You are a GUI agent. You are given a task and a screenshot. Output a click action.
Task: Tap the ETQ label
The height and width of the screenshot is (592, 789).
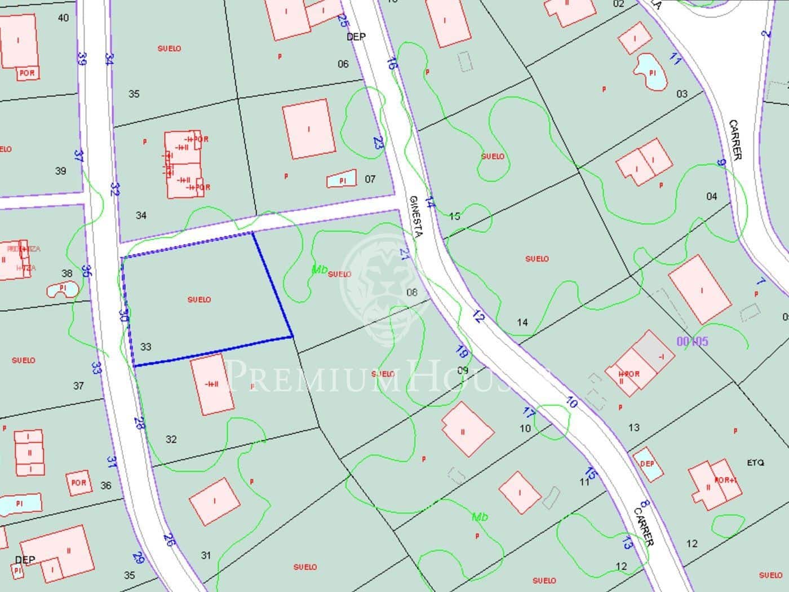[755, 463]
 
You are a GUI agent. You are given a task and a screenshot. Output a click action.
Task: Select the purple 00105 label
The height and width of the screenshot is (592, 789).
[692, 341]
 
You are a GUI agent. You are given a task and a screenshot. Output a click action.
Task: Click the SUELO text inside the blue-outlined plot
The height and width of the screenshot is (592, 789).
[199, 299]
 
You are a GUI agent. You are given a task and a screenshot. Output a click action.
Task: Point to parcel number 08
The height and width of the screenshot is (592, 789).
[412, 292]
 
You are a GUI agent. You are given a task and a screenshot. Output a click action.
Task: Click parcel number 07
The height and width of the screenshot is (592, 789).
[370, 179]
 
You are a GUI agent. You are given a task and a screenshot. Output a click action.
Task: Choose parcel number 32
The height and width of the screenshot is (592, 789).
[171, 439]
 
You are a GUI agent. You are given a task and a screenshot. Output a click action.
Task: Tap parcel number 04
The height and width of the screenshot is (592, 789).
[711, 196]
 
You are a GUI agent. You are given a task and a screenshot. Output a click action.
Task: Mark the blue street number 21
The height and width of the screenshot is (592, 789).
[404, 254]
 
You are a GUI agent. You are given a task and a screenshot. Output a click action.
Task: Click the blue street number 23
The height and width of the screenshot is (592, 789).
[378, 143]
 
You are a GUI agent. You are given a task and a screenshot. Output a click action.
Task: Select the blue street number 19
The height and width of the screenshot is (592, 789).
[462, 352]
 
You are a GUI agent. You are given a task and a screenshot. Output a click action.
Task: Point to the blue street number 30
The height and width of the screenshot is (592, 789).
[124, 316]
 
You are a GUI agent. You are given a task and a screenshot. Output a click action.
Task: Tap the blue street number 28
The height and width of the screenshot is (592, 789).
[139, 423]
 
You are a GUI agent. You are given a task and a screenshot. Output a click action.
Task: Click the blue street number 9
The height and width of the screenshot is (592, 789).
[721, 162]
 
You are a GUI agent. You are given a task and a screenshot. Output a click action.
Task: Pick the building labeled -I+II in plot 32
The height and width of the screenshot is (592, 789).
[212, 385]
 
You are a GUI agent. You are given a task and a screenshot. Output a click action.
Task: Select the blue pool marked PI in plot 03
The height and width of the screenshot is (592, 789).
[651, 72]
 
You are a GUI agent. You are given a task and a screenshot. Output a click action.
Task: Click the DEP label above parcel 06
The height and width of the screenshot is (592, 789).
[356, 37]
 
